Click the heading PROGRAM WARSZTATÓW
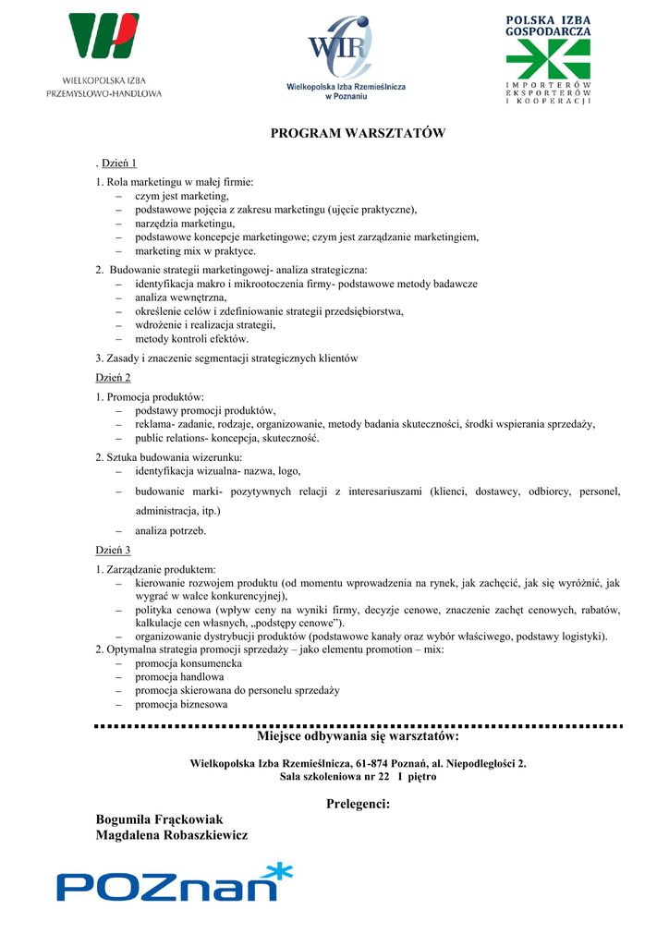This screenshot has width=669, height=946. pyautogui.click(x=358, y=134)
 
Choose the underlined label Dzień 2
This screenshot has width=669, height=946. pyautogui.click(x=114, y=377)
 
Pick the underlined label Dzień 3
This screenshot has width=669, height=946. pyautogui.click(x=114, y=550)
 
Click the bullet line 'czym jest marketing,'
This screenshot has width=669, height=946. pyautogui.click(x=181, y=197)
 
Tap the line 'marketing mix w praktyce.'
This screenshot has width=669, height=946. pyautogui.click(x=195, y=250)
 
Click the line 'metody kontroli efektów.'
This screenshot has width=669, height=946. pyautogui.click(x=191, y=339)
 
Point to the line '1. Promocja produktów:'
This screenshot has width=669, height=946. pyautogui.click(x=143, y=397)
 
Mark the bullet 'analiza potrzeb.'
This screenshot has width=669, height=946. pyautogui.click(x=170, y=531)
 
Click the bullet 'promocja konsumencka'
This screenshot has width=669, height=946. pyautogui.click(x=188, y=663)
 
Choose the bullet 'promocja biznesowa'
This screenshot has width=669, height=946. pyautogui.click(x=180, y=704)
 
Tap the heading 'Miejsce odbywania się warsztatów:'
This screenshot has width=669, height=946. pyautogui.click(x=358, y=737)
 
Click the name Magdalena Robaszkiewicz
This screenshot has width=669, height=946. pyautogui.click(x=172, y=835)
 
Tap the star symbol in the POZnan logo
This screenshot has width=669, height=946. pyautogui.click(x=274, y=872)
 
